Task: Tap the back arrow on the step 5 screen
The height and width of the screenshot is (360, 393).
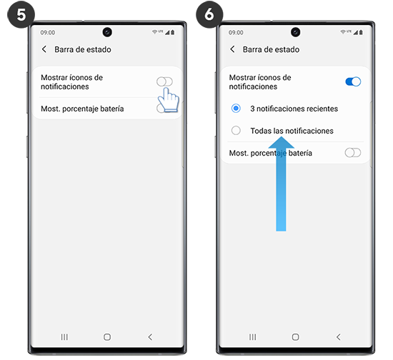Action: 44,49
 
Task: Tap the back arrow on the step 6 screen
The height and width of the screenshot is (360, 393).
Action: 232,49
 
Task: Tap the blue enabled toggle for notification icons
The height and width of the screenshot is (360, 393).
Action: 353,81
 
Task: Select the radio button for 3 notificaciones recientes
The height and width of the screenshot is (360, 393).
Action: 237,109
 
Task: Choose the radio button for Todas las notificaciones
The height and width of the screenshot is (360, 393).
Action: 237,131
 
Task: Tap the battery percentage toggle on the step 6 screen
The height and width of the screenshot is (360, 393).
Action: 353,153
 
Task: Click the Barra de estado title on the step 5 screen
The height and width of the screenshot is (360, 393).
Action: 82,49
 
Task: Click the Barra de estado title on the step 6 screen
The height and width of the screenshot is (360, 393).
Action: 271,49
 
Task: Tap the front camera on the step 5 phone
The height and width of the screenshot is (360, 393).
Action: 106,32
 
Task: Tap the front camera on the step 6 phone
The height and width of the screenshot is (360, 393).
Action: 295,32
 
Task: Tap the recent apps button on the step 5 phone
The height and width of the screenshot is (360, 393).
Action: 64,336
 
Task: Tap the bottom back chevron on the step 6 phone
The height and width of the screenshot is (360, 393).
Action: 338,336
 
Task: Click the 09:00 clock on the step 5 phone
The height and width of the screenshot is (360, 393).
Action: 47,33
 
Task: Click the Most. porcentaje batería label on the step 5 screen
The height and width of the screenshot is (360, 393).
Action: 82,109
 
